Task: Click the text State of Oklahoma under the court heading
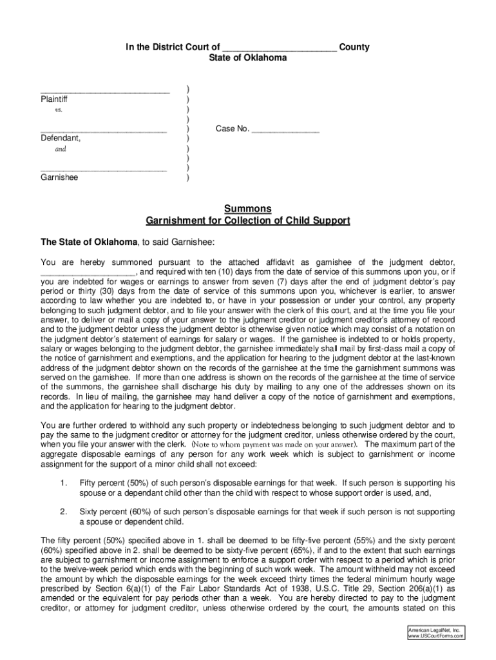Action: [248, 58]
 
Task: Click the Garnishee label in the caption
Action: [59, 177]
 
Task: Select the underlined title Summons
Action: [248, 209]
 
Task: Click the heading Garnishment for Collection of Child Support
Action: [248, 220]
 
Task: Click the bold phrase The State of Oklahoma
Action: [89, 242]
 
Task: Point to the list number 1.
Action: [62, 483]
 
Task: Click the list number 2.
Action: [63, 512]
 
